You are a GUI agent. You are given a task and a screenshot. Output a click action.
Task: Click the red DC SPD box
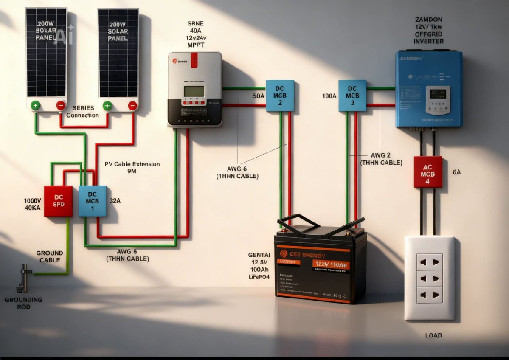click(x=58, y=201)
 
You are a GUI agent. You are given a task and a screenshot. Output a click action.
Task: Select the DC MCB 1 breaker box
click(x=92, y=201)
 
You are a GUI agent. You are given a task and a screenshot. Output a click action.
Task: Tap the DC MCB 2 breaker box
click(x=280, y=96)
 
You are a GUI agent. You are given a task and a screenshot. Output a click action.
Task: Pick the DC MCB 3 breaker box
click(x=352, y=96)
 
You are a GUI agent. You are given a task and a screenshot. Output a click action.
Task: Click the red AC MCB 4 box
click(x=428, y=172)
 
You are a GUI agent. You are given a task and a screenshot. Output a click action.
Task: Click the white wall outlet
click(x=429, y=278)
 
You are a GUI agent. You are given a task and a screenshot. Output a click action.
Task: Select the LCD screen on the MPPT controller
click(x=194, y=91)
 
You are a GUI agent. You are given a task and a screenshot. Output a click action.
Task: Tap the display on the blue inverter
click(x=437, y=94)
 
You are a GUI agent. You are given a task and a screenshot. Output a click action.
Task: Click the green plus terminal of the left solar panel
click(x=35, y=105)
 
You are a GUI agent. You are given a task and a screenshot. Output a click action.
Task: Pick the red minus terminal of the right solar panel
click(x=133, y=105)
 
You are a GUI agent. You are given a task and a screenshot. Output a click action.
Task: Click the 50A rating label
click(x=259, y=96)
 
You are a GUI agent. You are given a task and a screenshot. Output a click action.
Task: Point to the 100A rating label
click(x=329, y=96)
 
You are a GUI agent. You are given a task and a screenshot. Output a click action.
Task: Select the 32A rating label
click(x=115, y=200)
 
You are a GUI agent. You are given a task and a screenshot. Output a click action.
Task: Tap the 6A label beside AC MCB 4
click(x=457, y=172)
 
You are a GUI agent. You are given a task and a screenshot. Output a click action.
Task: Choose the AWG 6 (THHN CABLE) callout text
click(x=237, y=172)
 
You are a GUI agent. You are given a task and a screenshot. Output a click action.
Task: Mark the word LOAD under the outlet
click(x=433, y=335)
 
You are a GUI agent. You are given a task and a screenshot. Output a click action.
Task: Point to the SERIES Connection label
click(x=83, y=112)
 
